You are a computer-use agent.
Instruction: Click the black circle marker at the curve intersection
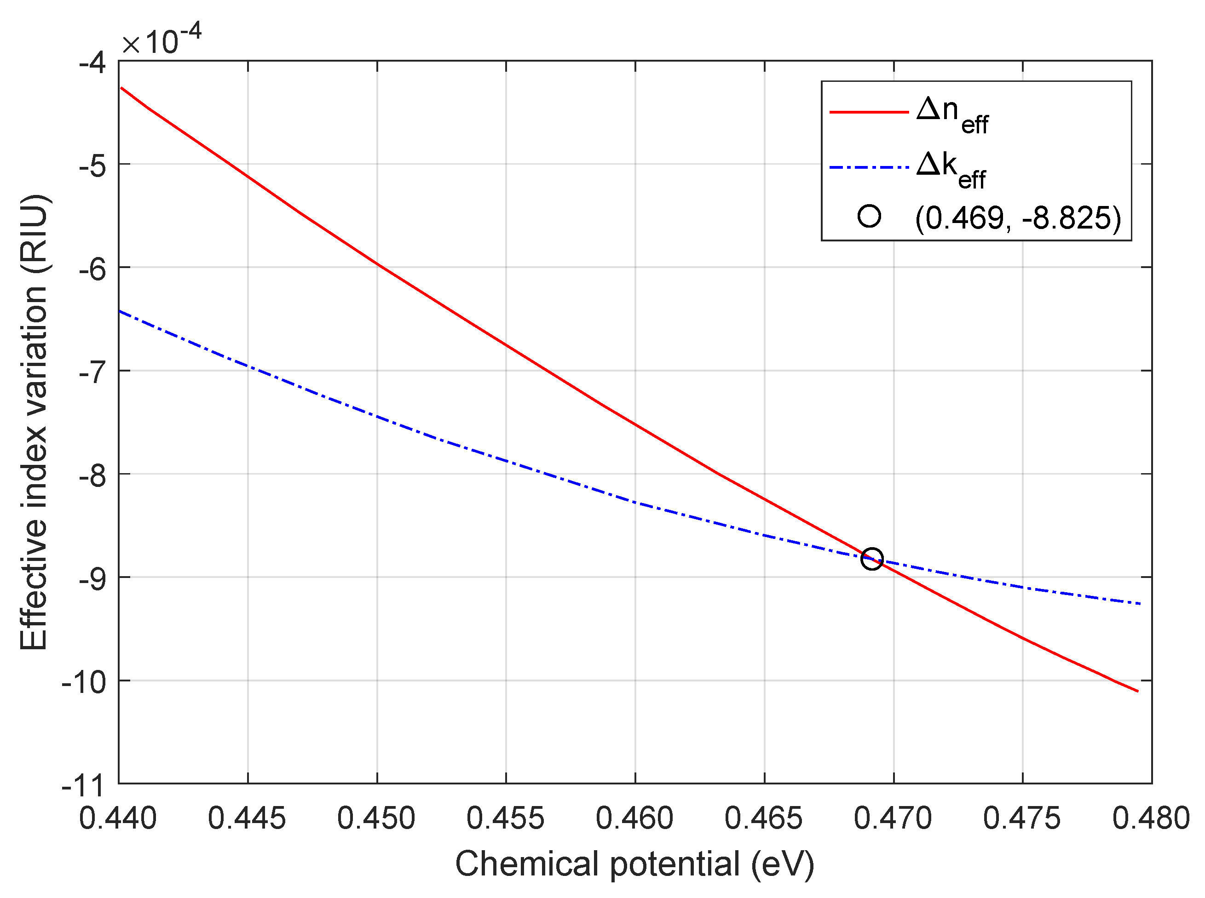coord(872,559)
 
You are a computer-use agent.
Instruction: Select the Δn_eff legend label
coord(952,114)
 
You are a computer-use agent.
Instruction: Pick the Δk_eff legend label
coord(951,170)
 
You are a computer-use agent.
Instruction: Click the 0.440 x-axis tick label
coord(118,818)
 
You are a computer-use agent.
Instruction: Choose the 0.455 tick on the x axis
coord(505,818)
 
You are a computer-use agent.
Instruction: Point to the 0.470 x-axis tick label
coord(893,818)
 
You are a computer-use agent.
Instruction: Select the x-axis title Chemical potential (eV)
coord(634,864)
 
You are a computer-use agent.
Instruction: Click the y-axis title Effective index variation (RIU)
coord(34,423)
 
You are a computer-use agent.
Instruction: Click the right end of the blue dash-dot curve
coord(1140,604)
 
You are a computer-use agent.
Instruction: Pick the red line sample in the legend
coord(869,113)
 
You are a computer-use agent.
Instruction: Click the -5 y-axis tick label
coord(93,166)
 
